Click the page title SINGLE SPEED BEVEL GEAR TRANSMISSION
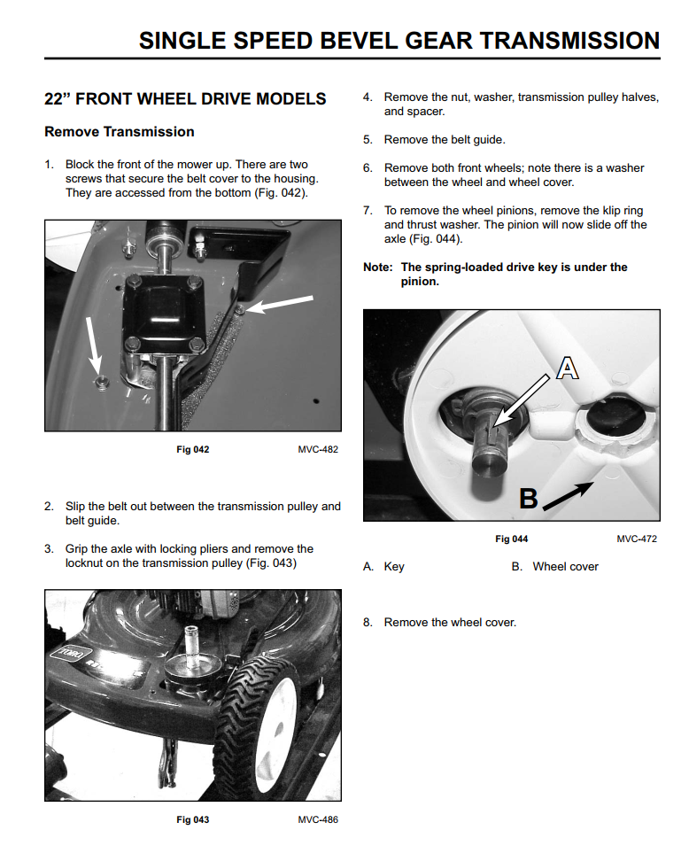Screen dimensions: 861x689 pyautogui.click(x=399, y=41)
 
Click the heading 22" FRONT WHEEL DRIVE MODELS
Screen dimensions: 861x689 pyautogui.click(x=185, y=99)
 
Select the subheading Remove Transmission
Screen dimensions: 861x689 pyautogui.click(x=120, y=132)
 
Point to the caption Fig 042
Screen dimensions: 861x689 pyautogui.click(x=193, y=450)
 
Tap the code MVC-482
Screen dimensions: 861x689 pyautogui.click(x=318, y=450)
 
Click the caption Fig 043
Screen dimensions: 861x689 pyautogui.click(x=193, y=820)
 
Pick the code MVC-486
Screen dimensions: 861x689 pyautogui.click(x=318, y=820)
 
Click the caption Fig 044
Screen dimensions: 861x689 pyautogui.click(x=511, y=539)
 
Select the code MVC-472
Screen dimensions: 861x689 pyautogui.click(x=637, y=539)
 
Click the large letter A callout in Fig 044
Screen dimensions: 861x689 pyautogui.click(x=568, y=366)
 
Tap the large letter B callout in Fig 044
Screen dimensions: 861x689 pyautogui.click(x=528, y=499)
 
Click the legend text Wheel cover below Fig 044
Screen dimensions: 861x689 pyautogui.click(x=565, y=567)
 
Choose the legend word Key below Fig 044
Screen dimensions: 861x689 pyautogui.click(x=394, y=567)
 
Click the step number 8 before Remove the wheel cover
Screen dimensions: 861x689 pyautogui.click(x=368, y=623)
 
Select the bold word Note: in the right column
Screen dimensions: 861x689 pyautogui.click(x=378, y=268)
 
